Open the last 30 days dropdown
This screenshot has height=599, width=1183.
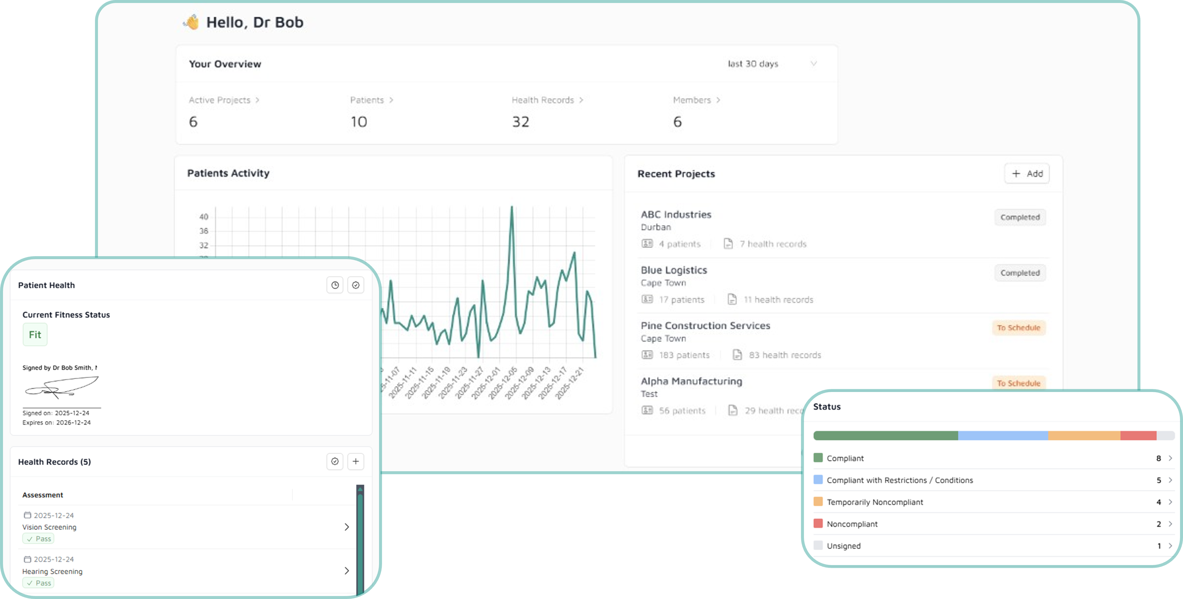[771, 64]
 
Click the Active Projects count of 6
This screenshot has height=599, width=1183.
[193, 122]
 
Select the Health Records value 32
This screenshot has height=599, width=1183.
[521, 122]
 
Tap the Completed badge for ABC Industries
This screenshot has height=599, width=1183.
[1020, 217]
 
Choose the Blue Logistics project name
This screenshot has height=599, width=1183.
[674, 270]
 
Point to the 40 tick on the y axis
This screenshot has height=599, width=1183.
[203, 217]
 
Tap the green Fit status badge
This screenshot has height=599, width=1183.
[35, 334]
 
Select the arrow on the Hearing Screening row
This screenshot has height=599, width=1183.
[347, 570]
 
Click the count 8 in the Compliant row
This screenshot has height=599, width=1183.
[1158, 458]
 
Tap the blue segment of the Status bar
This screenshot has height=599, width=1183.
[1003, 435]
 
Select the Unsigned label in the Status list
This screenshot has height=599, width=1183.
[844, 546]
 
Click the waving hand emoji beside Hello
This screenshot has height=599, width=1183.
[191, 22]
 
